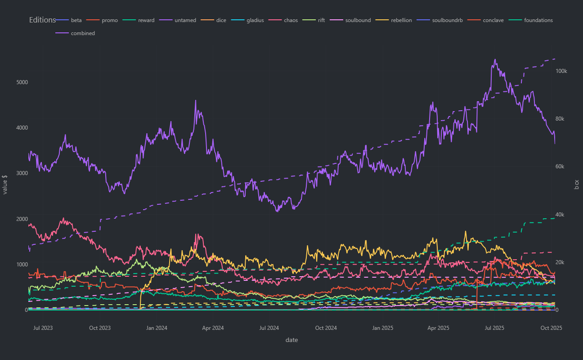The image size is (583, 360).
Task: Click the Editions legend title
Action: coord(42,20)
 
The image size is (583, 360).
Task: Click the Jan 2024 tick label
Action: coord(157,328)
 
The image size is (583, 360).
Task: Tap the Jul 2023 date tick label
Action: coord(43,328)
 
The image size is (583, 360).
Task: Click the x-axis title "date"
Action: coord(291,340)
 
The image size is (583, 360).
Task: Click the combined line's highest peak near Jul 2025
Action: coord(495,59)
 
